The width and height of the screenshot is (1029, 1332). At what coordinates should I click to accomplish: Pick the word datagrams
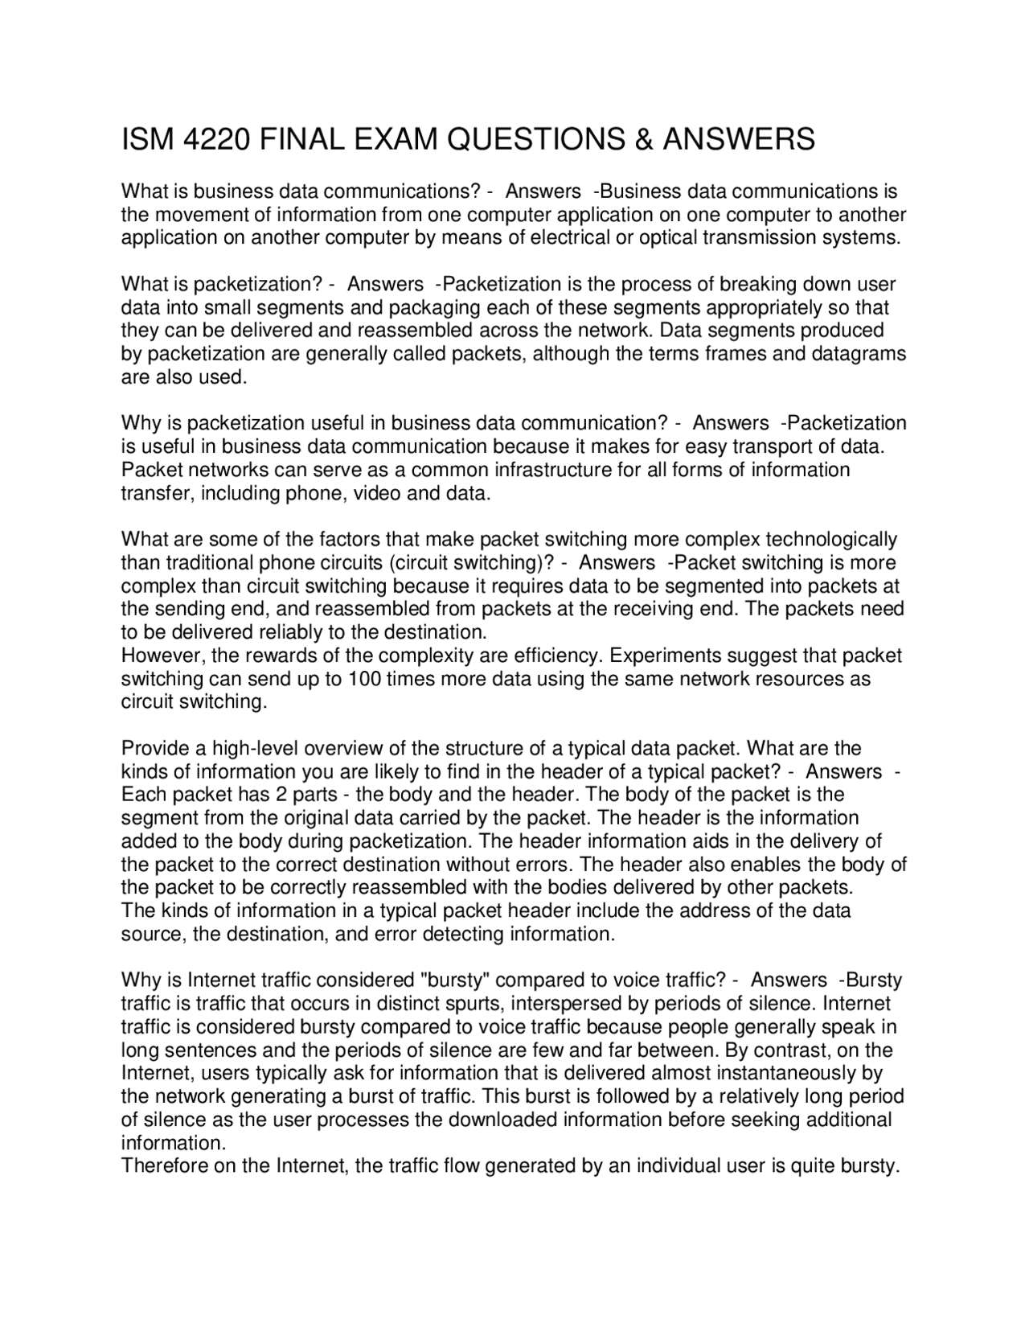tap(862, 354)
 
